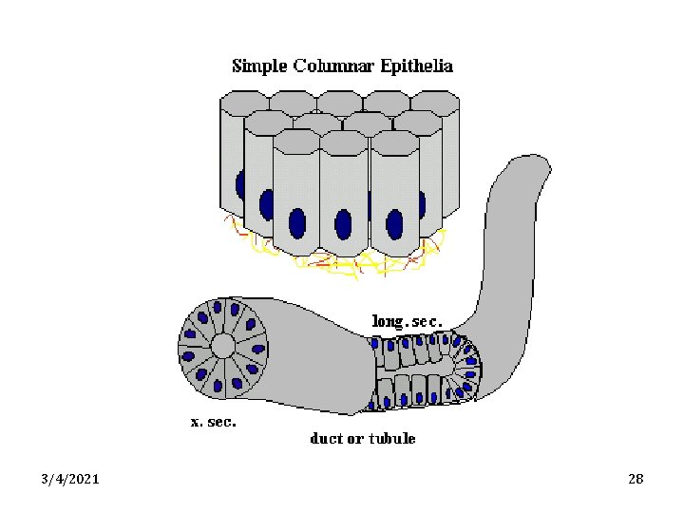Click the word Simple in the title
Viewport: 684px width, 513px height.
258,66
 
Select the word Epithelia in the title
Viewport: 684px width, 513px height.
415,66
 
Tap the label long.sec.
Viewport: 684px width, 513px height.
407,321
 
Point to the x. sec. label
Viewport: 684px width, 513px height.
214,422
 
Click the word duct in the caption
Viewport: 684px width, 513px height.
327,439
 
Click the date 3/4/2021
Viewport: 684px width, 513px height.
71,479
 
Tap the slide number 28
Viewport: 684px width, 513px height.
636,479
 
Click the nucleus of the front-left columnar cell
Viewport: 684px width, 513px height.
297,222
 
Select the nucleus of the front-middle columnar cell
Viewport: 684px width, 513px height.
344,224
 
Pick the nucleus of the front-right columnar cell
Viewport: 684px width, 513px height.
394,224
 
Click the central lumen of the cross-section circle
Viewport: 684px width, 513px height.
222,345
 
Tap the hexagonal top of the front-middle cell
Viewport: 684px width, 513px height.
344,142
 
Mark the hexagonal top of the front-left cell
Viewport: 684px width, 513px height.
296,141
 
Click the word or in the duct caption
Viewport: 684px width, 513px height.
356,439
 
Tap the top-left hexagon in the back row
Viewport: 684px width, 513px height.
244,100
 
